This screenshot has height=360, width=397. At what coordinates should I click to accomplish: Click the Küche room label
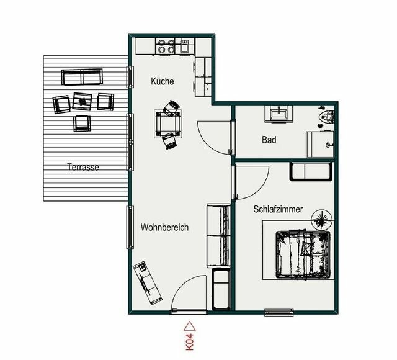coord(163,81)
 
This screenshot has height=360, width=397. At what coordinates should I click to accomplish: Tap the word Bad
coord(269,140)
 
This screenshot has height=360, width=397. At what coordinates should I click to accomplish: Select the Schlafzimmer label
coord(278,209)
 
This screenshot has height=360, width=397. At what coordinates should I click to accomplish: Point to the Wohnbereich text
coord(164,227)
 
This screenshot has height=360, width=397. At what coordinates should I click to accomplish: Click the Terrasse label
coord(83,167)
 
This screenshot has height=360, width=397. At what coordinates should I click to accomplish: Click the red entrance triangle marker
coord(190,325)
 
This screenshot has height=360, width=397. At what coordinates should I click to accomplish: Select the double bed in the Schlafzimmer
coord(302,253)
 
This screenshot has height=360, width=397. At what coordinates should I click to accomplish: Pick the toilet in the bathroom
coord(327,116)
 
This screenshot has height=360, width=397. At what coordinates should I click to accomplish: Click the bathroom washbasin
coord(280,113)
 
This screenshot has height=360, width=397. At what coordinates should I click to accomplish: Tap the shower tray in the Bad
coord(321,145)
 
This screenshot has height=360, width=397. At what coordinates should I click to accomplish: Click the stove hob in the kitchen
coord(166,45)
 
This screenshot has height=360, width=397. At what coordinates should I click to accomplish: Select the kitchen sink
coord(185,45)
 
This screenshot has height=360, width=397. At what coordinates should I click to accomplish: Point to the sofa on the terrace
coord(81,78)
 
